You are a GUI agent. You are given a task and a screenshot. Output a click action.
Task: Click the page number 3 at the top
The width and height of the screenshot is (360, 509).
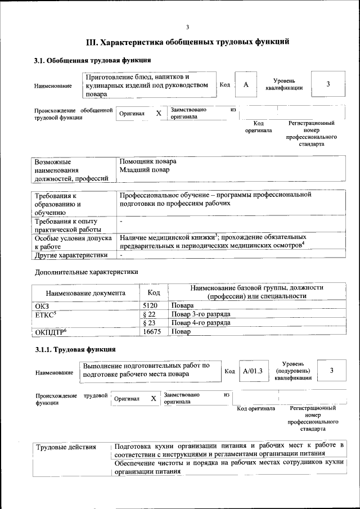tap(188, 27)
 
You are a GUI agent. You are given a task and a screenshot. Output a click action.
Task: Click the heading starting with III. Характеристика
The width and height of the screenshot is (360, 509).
tap(187, 42)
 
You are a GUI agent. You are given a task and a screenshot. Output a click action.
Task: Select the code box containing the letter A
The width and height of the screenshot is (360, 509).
tap(246, 84)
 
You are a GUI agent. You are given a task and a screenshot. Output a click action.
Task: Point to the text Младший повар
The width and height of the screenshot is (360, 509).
tap(144, 169)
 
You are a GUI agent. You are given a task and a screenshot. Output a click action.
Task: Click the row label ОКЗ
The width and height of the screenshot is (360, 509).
tap(42, 305)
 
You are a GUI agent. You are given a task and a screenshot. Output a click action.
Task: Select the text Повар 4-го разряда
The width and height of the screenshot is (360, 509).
tap(201, 323)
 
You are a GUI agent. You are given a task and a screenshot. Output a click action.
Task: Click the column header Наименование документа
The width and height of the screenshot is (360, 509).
tap(85, 293)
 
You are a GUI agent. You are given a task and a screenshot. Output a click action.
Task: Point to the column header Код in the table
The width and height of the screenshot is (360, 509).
tap(154, 292)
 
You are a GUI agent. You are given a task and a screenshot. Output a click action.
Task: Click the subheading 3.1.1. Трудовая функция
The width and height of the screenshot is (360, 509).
tap(75, 350)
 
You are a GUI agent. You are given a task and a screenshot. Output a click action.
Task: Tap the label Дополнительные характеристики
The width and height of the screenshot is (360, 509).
tap(86, 272)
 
